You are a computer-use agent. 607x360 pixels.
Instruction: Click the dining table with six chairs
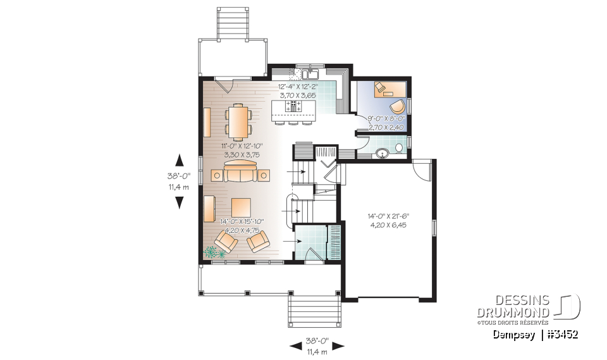tap(239, 121)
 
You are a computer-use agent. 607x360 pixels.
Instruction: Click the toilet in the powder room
tap(398, 149)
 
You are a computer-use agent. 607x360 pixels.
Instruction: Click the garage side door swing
tap(422, 168)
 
